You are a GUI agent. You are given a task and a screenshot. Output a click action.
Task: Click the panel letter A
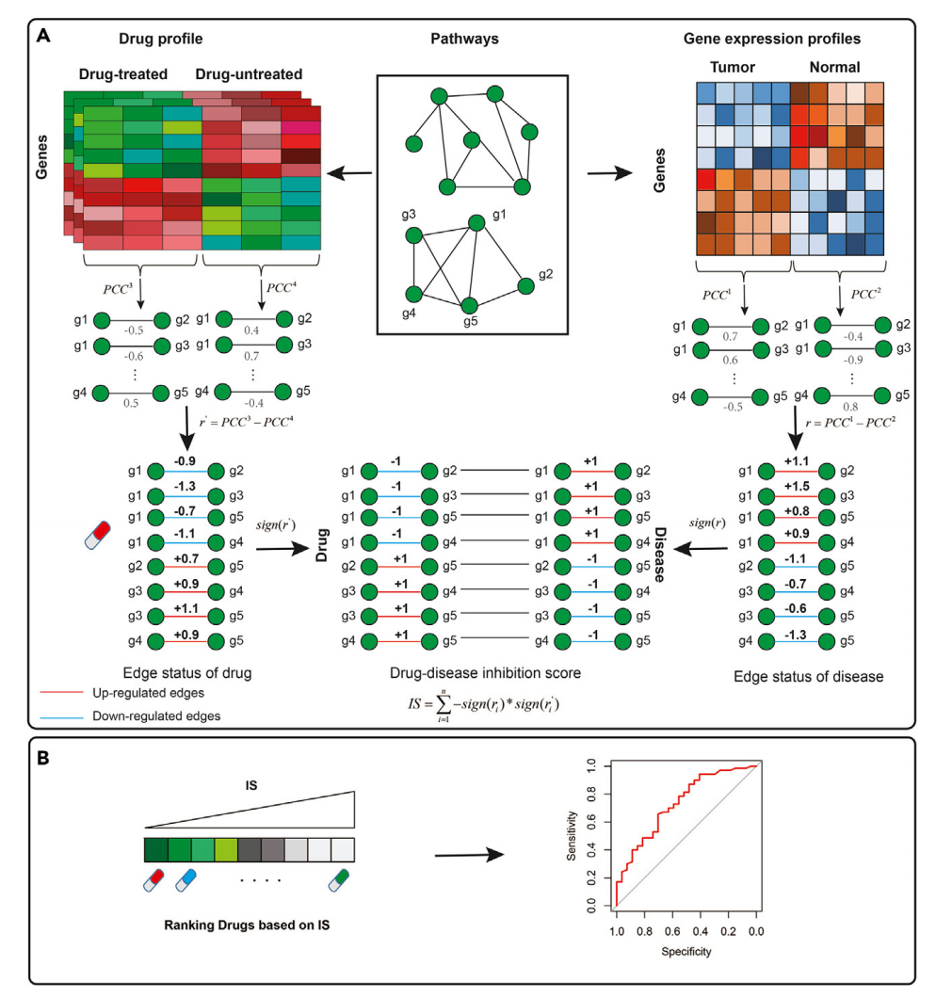point(42,37)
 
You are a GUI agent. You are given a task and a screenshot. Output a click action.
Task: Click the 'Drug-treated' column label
point(121,72)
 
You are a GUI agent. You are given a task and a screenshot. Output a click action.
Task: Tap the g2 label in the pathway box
point(546,274)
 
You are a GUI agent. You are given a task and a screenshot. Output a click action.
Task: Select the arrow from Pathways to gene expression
point(601,174)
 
